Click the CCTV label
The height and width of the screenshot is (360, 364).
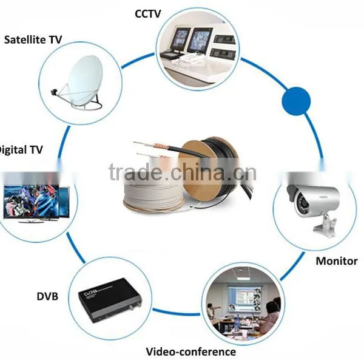pos(147,14)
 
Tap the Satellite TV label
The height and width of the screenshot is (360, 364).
pos(33,39)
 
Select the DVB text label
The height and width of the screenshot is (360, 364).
pos(47,296)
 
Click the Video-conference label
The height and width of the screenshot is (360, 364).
pos(191,352)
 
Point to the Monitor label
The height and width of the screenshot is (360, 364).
pos(337,261)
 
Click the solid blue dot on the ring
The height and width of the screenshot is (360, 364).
pos(296,101)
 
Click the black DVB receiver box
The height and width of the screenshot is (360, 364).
pos(110,300)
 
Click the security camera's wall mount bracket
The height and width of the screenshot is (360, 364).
pos(325,226)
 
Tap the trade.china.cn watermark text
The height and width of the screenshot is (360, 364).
pos(183,172)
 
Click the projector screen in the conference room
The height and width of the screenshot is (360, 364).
pos(244,298)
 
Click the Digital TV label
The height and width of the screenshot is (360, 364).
pos(21,150)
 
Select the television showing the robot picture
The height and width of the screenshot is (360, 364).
pos(32,203)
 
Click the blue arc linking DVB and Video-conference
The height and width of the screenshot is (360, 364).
pos(177,313)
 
